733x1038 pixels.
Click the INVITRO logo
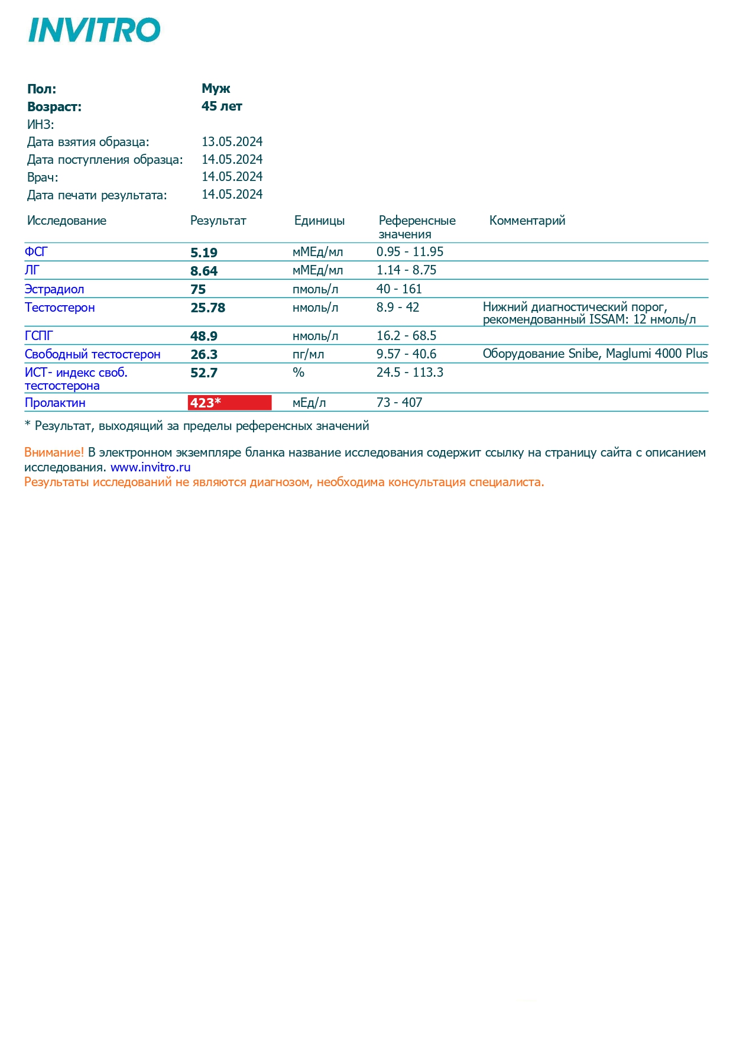tap(95, 30)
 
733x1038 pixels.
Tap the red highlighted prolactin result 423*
tap(229, 403)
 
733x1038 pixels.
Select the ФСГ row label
tap(36, 252)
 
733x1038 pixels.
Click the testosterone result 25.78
tap(207, 308)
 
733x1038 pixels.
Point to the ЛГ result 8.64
tap(204, 271)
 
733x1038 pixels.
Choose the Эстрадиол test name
tap(54, 289)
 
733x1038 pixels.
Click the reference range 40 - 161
tap(399, 289)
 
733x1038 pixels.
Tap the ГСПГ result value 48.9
tap(204, 336)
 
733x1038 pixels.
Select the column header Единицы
tap(319, 221)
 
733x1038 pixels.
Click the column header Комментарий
tap(527, 221)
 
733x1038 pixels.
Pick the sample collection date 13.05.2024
tap(232, 142)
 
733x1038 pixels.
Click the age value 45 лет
tap(222, 106)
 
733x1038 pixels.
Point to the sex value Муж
tap(216, 89)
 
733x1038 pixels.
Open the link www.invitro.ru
tap(150, 467)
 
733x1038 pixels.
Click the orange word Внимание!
tap(54, 452)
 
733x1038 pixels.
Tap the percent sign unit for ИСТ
tap(299, 373)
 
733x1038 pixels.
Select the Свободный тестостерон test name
tap(92, 354)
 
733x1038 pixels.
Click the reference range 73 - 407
tap(399, 403)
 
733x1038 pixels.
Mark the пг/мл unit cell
tap(308, 354)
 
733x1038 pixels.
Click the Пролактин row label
tap(55, 403)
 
